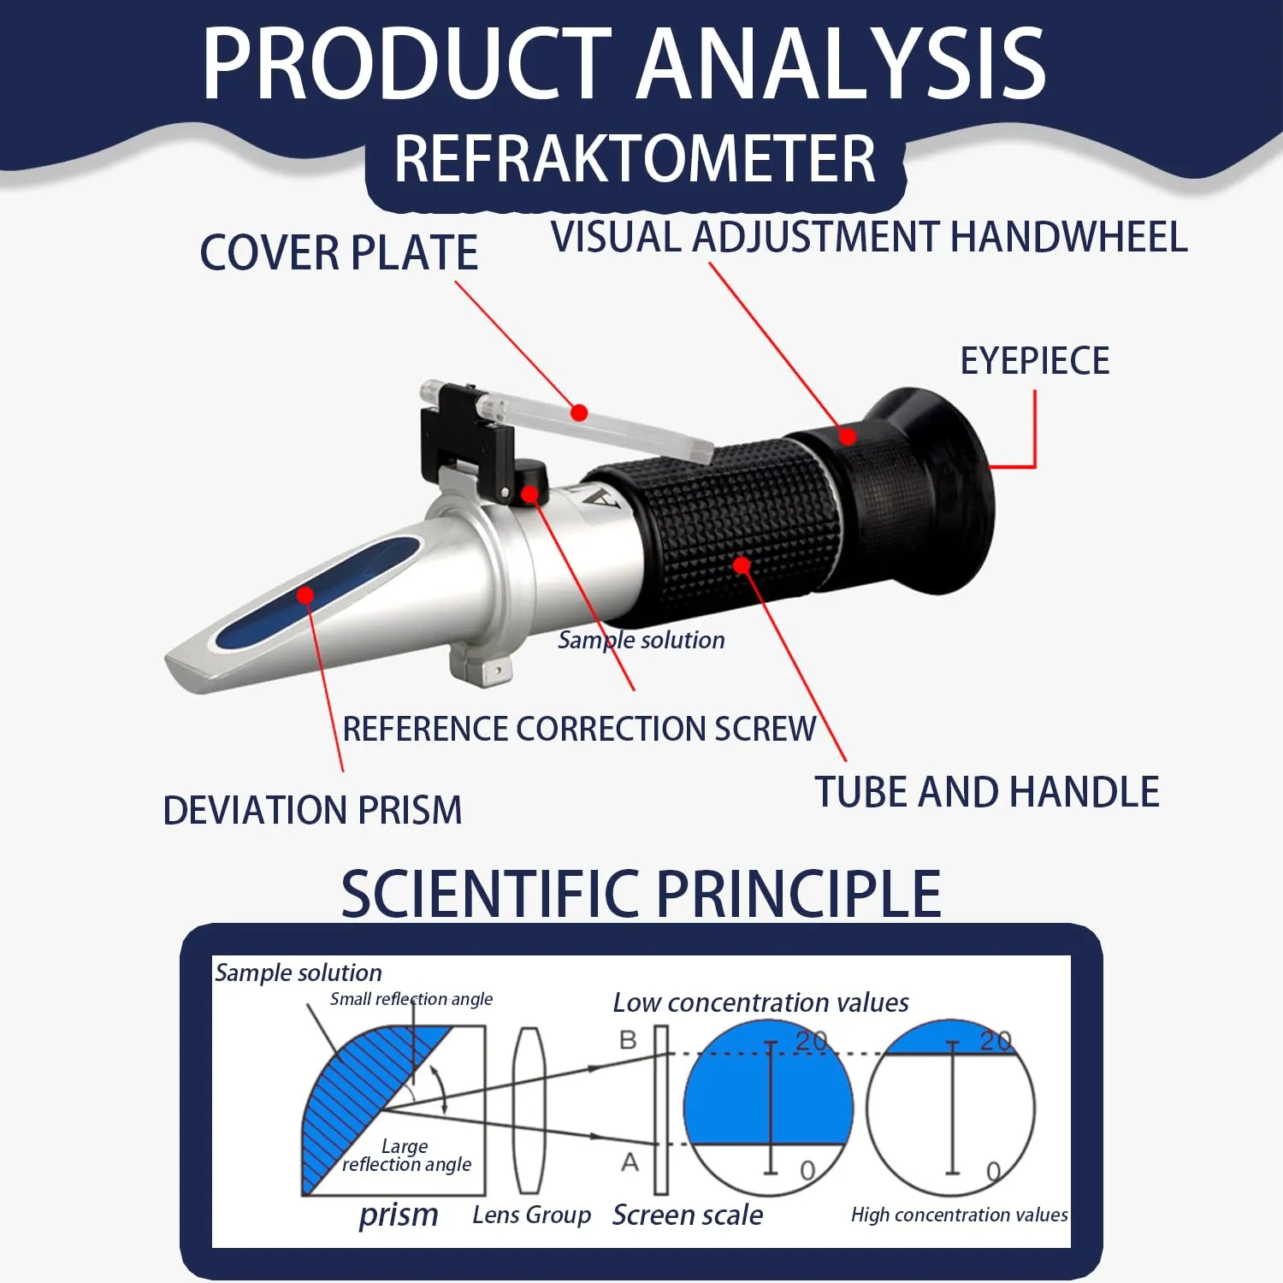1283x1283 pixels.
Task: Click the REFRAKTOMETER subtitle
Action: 635,159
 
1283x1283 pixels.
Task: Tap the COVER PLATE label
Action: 339,253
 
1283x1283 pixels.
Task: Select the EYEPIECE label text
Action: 1035,361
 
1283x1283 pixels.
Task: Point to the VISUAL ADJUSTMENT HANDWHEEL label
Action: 869,237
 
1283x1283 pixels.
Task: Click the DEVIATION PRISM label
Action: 312,811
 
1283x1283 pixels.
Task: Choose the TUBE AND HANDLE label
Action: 987,792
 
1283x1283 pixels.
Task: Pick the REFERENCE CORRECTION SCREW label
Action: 580,729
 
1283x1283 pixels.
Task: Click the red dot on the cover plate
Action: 579,413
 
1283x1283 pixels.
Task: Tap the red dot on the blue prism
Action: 305,595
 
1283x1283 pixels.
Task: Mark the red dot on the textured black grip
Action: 742,565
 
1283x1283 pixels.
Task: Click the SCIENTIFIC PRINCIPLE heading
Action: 641,894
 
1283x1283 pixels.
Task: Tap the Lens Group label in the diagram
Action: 532,1215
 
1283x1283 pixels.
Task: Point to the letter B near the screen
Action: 629,1040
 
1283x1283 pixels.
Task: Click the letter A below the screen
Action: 630,1162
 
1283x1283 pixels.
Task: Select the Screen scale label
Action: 688,1215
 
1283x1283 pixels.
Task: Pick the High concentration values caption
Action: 960,1215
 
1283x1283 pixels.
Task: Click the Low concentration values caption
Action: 761,1002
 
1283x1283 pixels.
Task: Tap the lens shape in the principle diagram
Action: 529,1110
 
